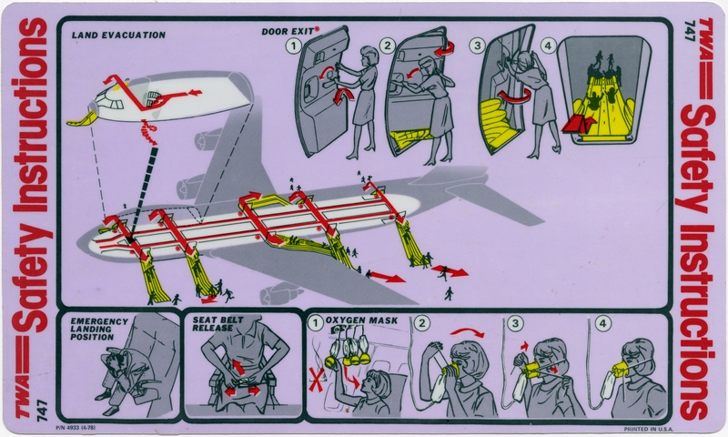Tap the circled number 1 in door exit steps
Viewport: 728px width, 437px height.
[292, 45]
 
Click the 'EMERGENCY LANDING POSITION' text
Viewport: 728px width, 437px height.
[92, 329]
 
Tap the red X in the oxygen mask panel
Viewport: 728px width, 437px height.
[318, 377]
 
